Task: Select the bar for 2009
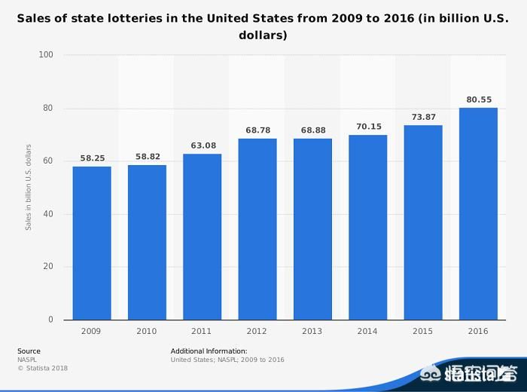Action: click(x=92, y=243)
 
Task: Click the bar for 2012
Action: click(x=257, y=228)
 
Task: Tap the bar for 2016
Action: click(x=478, y=213)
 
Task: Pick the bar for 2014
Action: click(x=367, y=227)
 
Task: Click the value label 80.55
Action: click(x=478, y=99)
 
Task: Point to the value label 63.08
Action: click(x=203, y=145)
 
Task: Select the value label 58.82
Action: click(x=147, y=157)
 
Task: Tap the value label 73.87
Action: click(x=423, y=117)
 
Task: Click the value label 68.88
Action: click(x=312, y=130)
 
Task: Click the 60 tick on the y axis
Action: click(x=48, y=161)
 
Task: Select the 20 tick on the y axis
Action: click(x=48, y=267)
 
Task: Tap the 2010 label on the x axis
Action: click(x=147, y=332)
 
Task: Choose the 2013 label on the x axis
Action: click(x=312, y=332)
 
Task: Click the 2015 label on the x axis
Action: click(x=423, y=332)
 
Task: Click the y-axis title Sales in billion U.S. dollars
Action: click(x=29, y=186)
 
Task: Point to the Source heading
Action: click(x=29, y=351)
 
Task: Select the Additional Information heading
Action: click(x=209, y=351)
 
